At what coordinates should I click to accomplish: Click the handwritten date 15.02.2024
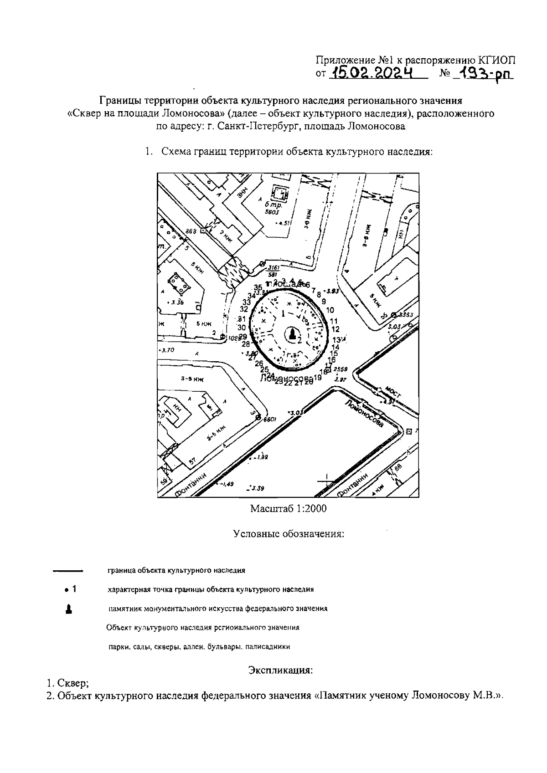click(372, 73)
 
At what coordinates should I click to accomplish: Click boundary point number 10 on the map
click(330, 310)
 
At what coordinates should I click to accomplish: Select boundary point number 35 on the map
click(258, 287)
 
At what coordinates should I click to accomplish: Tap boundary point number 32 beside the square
click(244, 308)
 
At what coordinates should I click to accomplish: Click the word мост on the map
click(392, 392)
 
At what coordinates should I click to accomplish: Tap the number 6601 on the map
click(270, 419)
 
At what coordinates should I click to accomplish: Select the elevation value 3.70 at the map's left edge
click(167, 350)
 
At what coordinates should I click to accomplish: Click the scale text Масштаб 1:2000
click(288, 509)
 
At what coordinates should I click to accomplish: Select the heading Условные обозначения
click(288, 533)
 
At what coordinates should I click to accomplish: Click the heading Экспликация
click(280, 670)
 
